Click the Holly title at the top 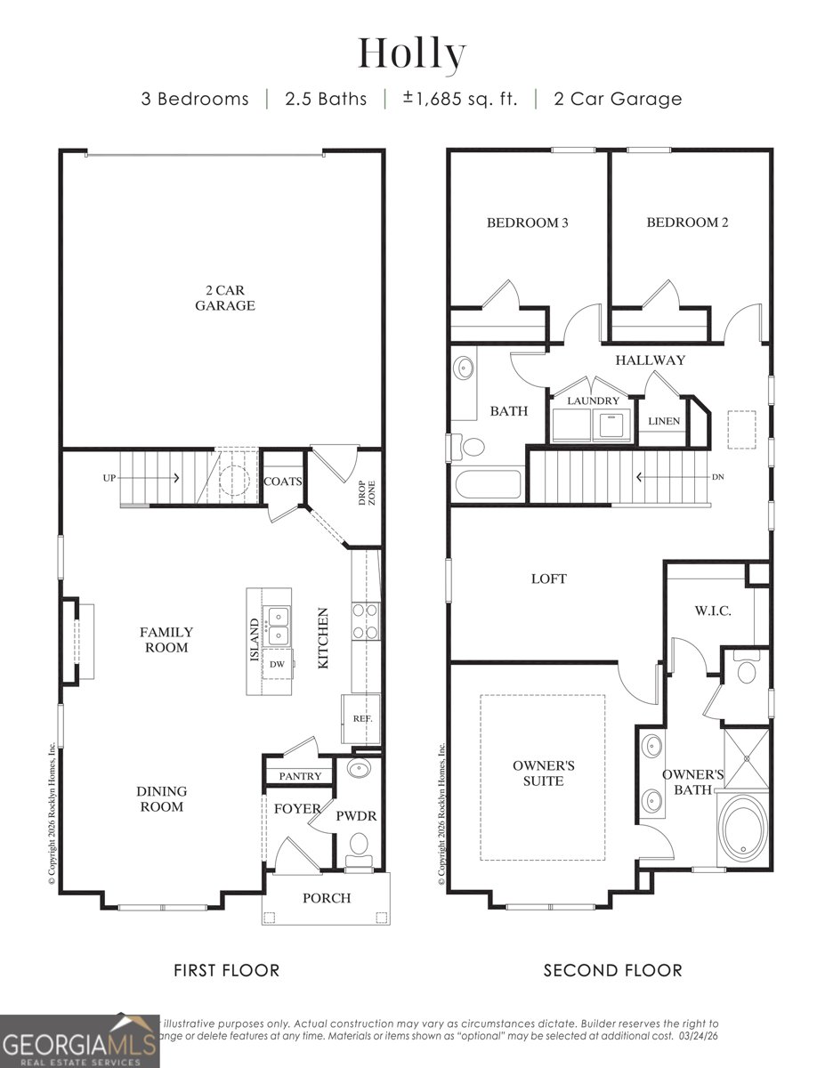click(412, 55)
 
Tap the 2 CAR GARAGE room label click(226, 297)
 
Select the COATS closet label click(283, 481)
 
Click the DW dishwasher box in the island click(278, 663)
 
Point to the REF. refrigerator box click(361, 718)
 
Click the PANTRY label click(300, 776)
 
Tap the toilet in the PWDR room click(360, 846)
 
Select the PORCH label click(327, 897)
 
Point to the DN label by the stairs click(718, 477)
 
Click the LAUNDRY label click(593, 400)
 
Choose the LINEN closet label click(663, 421)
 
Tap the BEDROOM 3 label click(527, 222)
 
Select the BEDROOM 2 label click(687, 222)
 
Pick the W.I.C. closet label click(712, 611)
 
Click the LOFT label click(548, 578)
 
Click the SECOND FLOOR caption click(612, 970)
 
